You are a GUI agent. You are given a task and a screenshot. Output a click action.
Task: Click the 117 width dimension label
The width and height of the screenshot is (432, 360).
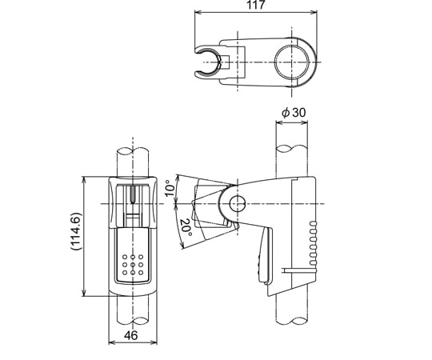256,6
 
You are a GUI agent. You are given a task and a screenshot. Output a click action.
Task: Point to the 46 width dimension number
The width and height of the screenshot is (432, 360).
130,337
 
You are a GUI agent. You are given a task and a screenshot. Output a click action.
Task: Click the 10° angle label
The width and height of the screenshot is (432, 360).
169,189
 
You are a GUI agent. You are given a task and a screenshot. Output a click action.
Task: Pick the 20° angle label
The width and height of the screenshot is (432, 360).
185,227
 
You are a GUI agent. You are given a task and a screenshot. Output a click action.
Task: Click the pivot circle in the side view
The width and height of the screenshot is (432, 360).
235,203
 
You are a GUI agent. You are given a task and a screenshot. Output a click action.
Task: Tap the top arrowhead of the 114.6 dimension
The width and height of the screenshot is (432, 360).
84,178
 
